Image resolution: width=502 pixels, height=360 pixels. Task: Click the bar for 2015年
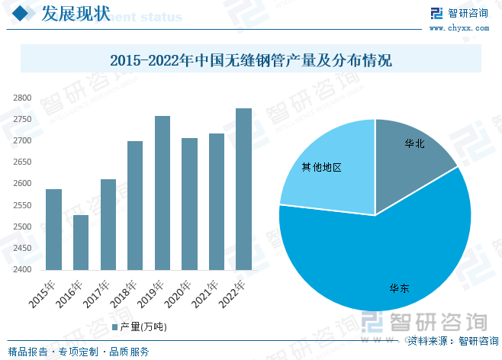53,229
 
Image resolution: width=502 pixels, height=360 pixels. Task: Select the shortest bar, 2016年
81,242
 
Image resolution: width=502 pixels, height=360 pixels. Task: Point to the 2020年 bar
189,204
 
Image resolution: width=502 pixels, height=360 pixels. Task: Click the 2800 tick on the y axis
22,98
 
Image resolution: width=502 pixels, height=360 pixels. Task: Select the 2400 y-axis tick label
22,270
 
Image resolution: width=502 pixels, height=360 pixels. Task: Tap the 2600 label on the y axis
22,184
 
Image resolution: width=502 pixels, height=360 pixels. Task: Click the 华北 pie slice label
415,143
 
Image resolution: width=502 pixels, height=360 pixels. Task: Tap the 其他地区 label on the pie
320,167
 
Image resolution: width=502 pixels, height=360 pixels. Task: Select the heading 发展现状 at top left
73,13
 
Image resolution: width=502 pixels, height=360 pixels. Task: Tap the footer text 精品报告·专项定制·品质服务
79,352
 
